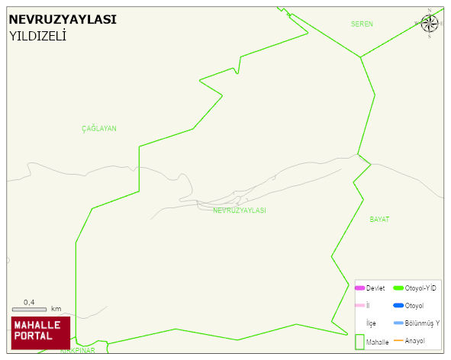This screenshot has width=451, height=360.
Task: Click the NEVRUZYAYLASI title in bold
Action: click(63, 19)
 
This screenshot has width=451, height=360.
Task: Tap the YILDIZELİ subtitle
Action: click(37, 35)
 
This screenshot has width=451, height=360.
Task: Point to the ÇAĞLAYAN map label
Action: click(99, 129)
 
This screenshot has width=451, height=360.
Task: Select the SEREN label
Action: click(362, 24)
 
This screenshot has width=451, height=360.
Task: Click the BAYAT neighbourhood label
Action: click(379, 219)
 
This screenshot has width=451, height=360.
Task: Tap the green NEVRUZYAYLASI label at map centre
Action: click(240, 210)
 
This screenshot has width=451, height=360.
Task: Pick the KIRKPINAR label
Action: click(78, 351)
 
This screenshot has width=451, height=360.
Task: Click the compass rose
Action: click(429, 23)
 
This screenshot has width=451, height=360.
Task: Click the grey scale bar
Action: click(29, 309)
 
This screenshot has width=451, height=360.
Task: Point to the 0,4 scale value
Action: click(29, 302)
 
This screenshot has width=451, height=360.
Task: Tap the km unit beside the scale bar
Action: click(56, 309)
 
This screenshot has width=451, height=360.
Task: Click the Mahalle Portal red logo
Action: click(40, 332)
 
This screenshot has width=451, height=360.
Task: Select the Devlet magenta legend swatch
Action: click(359, 288)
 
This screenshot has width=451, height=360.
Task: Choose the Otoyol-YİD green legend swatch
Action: click(398, 288)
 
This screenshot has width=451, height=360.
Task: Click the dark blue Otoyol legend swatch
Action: click(398, 306)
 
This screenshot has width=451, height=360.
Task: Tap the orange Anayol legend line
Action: click(398, 340)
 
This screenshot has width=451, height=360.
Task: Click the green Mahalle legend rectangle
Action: click(359, 342)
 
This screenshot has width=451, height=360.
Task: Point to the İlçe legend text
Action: click(371, 323)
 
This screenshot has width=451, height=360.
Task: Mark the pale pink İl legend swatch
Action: click(359, 306)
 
